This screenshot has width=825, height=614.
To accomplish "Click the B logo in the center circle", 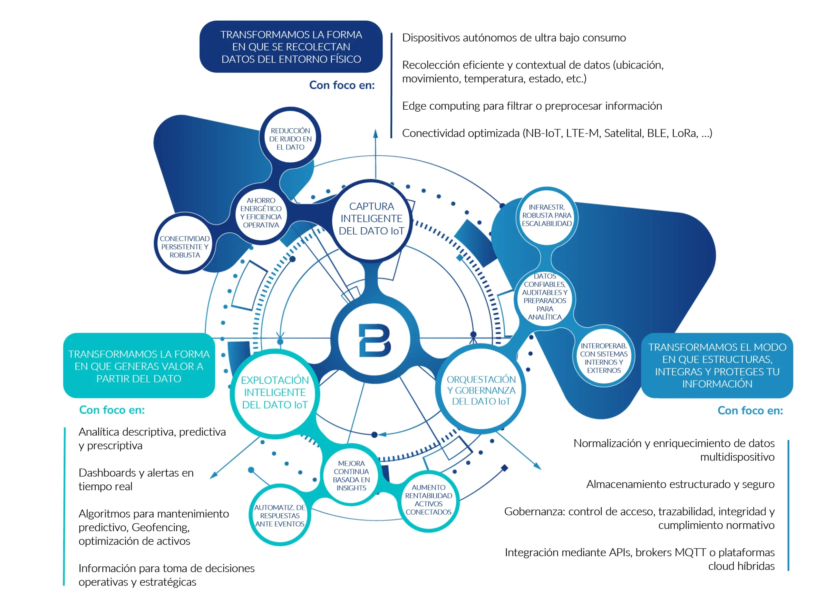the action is pyautogui.click(x=374, y=341).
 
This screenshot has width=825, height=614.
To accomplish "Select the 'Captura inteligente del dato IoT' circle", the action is pyautogui.click(x=372, y=219).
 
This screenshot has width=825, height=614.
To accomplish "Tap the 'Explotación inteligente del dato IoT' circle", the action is pyautogui.click(x=275, y=392).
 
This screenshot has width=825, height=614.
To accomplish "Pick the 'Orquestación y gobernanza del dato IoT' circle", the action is pyautogui.click(x=481, y=390).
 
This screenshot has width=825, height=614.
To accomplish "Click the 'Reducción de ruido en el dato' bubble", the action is pyautogui.click(x=290, y=138).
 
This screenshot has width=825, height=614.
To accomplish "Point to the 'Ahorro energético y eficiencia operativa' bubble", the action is pyautogui.click(x=261, y=213).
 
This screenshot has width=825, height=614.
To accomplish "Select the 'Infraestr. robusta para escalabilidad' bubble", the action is pyautogui.click(x=547, y=215).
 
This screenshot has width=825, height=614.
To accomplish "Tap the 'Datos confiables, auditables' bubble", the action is pyautogui.click(x=545, y=297).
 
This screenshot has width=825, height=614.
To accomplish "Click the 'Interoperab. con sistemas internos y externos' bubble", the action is pyautogui.click(x=604, y=358).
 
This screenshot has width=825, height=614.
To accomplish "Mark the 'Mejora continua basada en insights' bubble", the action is pyautogui.click(x=351, y=475).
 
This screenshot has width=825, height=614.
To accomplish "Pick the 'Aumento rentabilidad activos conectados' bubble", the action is pyautogui.click(x=428, y=500).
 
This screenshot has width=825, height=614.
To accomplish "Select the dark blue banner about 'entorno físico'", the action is pyautogui.click(x=291, y=46).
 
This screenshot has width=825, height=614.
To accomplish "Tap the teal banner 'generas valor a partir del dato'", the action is pyautogui.click(x=139, y=366).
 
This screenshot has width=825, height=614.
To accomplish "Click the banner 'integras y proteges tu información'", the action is pyautogui.click(x=717, y=365).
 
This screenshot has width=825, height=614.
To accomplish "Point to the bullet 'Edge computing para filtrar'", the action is pyautogui.click(x=532, y=106).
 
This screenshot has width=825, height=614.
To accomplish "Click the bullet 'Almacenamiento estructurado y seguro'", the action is pyautogui.click(x=680, y=484).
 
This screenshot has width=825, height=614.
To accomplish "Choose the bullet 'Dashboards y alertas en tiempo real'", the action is pyautogui.click(x=136, y=480).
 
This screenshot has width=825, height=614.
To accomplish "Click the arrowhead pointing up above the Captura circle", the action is pyautogui.click(x=375, y=134).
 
